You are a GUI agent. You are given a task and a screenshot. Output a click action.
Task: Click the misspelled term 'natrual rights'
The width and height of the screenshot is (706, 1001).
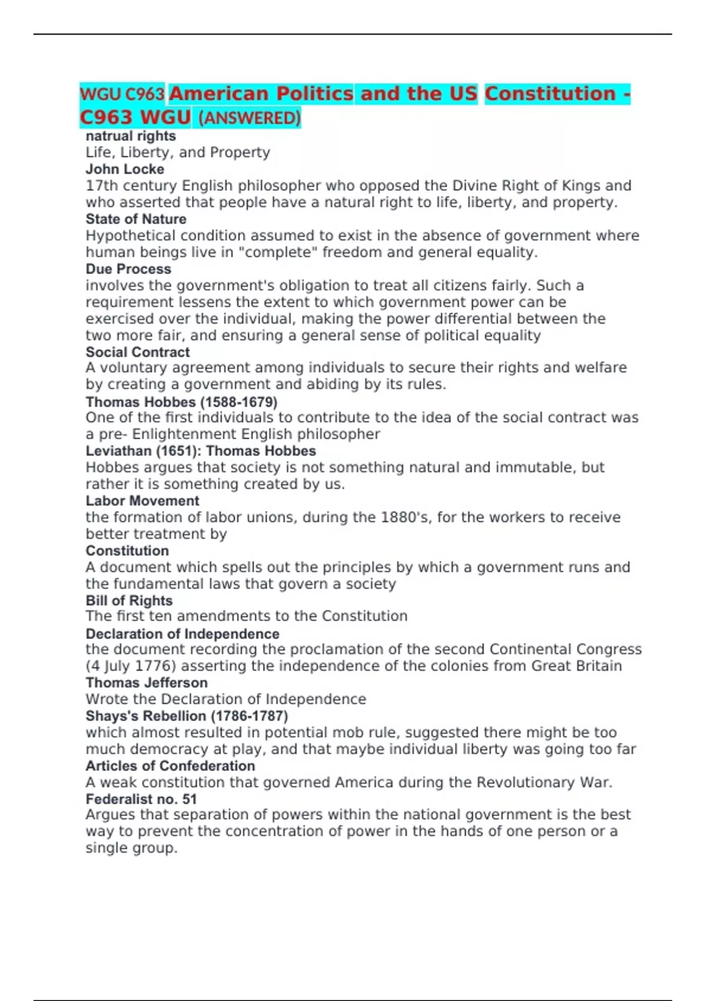pyautogui.click(x=131, y=136)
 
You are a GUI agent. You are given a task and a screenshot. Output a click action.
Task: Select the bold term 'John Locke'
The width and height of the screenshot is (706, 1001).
pyautogui.click(x=125, y=169)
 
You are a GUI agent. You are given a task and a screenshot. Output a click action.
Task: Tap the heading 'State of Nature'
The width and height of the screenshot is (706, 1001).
pyautogui.click(x=136, y=219)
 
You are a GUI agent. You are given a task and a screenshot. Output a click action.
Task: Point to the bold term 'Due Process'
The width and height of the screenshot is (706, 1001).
pyautogui.click(x=128, y=269)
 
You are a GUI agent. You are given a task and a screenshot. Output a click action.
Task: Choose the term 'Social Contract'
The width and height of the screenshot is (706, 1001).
pyautogui.click(x=138, y=352)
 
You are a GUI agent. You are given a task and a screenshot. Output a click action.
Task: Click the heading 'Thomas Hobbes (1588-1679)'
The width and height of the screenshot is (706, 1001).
pyautogui.click(x=181, y=402)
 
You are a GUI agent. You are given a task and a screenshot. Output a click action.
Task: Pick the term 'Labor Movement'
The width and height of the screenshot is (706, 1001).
pyautogui.click(x=142, y=501)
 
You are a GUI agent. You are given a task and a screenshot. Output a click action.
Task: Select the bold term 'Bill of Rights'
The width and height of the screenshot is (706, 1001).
pyautogui.click(x=129, y=601)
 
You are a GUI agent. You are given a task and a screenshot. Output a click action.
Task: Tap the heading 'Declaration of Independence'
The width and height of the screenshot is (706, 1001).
pyautogui.click(x=182, y=634)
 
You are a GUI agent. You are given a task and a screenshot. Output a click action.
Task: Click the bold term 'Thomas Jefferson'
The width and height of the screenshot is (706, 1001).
pyautogui.click(x=146, y=682)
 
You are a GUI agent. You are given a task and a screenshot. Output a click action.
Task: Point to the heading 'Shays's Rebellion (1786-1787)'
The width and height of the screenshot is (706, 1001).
pyautogui.click(x=187, y=716)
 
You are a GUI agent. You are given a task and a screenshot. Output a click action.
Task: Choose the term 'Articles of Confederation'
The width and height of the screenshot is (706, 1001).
pyautogui.click(x=170, y=766)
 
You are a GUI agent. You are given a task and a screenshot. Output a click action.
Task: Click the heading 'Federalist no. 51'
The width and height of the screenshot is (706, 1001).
pyautogui.click(x=141, y=799)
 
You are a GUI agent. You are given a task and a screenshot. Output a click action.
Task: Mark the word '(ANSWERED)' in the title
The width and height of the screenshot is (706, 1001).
pyautogui.click(x=249, y=118)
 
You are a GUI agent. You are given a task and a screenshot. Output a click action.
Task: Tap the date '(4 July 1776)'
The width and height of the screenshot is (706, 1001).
pyautogui.click(x=133, y=666)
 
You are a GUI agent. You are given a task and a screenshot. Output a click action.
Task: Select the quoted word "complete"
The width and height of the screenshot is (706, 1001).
pyautogui.click(x=280, y=253)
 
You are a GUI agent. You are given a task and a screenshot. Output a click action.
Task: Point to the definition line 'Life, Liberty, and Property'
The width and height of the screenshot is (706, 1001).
pyautogui.click(x=178, y=153)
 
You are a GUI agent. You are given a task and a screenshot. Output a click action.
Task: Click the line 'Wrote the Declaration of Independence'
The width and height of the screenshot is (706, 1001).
pyautogui.click(x=226, y=700)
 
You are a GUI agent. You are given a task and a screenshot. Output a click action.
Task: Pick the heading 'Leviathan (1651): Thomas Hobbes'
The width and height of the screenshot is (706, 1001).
pyautogui.click(x=201, y=451)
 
